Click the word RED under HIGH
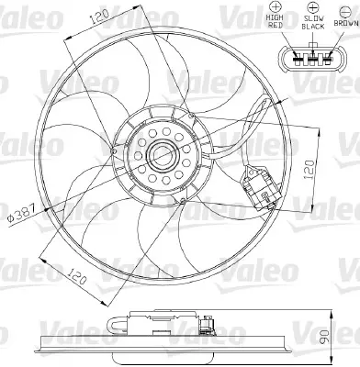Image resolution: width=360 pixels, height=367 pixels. (274, 27)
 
